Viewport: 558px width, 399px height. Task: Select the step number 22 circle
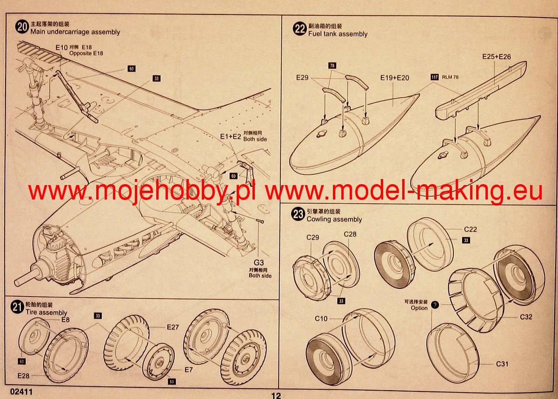coord(299,29)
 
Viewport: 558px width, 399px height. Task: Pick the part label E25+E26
coord(497,57)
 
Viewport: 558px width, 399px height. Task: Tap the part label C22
coord(470,229)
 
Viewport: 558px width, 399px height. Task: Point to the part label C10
coord(321,319)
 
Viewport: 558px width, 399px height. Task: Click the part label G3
coord(259,263)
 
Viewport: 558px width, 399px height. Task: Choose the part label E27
coord(173,327)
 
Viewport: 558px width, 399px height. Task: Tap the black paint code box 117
coord(435,77)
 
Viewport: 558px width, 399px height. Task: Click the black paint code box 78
coord(332,66)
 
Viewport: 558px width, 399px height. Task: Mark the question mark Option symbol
coord(435,305)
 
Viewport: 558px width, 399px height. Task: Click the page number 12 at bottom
coord(276,395)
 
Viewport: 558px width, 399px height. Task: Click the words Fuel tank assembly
coord(338,34)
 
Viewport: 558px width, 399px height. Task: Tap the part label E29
coord(302,78)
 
